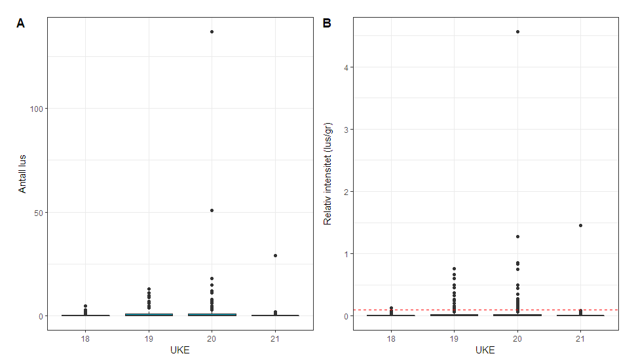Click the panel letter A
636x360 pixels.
[x=21, y=23]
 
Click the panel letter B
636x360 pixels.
[x=327, y=23]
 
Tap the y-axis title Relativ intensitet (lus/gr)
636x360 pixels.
[x=328, y=173]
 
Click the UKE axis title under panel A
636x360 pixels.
[x=180, y=351]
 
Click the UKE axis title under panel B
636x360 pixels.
[x=485, y=351]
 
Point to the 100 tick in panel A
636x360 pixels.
[x=37, y=108]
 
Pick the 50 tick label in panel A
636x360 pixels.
[x=39, y=212]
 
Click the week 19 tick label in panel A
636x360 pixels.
[x=149, y=338]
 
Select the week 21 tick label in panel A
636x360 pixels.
[x=275, y=338]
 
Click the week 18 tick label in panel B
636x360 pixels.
[x=391, y=338]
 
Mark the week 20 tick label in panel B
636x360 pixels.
[x=517, y=338]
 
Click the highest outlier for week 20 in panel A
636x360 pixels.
[x=212, y=31]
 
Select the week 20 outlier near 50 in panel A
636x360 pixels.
[x=212, y=210]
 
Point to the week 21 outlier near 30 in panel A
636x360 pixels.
[x=275, y=255]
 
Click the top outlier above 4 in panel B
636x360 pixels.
[x=517, y=31]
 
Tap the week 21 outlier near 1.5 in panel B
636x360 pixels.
[x=580, y=225]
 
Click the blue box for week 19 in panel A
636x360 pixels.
[x=149, y=315]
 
